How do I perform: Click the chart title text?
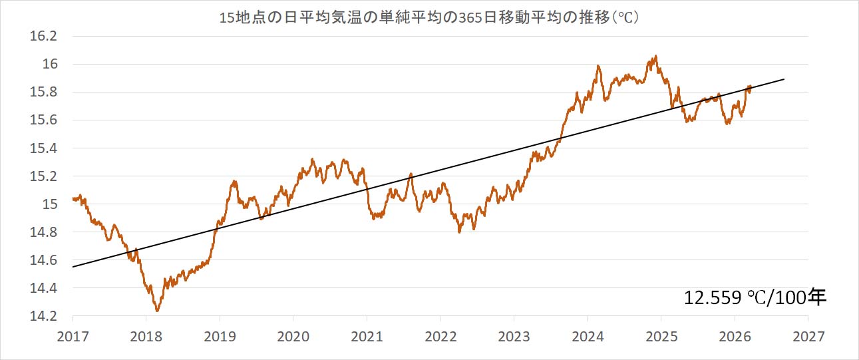[429, 17]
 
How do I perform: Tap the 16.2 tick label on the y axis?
[44, 37]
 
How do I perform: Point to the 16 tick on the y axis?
[50, 65]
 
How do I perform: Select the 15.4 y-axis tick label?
[44, 148]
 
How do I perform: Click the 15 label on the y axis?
[50, 204]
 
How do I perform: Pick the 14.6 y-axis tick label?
[44, 260]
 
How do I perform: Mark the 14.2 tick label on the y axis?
[44, 316]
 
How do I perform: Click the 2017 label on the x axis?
[73, 337]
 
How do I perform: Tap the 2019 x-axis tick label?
[220, 337]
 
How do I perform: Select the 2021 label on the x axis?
[367, 337]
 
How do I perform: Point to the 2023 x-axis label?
[514, 337]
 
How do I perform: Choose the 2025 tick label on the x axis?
[661, 337]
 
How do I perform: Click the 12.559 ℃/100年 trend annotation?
[755, 297]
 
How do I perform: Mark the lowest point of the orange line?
[157, 311]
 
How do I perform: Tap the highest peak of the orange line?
[656, 57]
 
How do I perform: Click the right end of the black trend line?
[784, 79]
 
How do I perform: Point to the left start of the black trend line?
[73, 267]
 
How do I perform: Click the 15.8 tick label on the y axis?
[44, 92]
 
